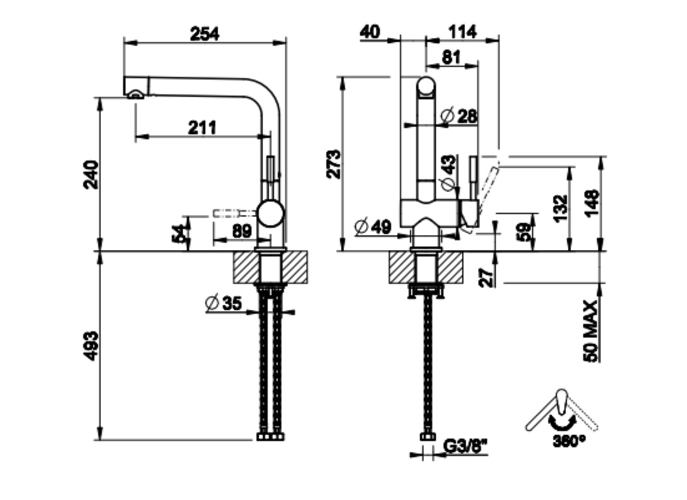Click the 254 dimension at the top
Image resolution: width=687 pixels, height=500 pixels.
[204, 34]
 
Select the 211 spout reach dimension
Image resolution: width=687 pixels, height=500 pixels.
[202, 128]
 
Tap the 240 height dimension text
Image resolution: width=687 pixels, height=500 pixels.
[91, 174]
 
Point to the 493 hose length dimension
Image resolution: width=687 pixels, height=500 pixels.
[91, 346]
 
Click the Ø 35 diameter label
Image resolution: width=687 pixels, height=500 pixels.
[223, 303]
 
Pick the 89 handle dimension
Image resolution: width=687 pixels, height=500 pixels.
[242, 231]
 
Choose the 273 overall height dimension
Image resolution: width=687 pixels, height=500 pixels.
[333, 164]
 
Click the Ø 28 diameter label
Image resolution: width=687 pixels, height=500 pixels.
[458, 116]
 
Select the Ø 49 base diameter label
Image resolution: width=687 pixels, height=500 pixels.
[373, 227]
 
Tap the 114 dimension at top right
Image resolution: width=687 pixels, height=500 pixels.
[462, 31]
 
